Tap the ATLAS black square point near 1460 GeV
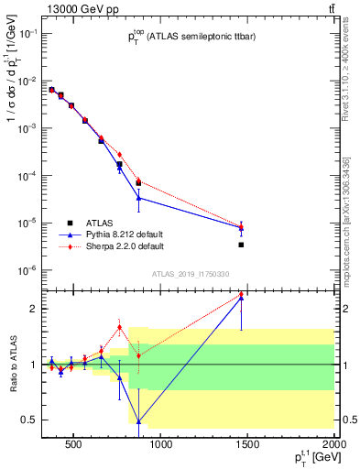[x=241, y=245]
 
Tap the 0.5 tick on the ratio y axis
[x=30, y=420]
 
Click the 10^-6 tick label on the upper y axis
[x=28, y=270]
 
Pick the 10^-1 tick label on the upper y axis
[x=28, y=33]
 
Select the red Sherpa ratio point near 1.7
[x=119, y=327]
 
